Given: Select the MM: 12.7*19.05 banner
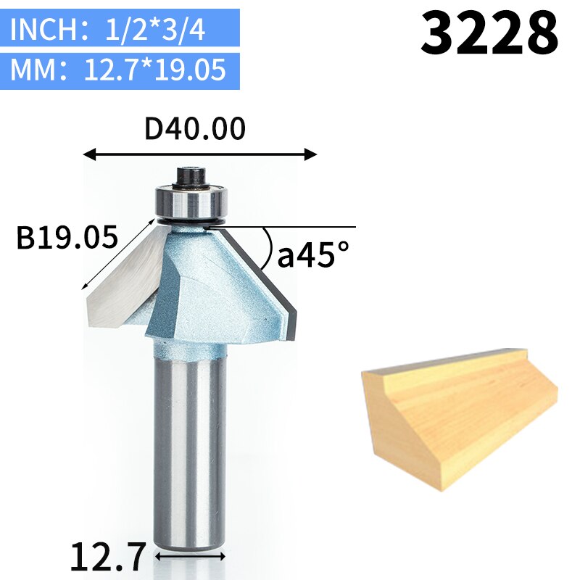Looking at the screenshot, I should (124, 71).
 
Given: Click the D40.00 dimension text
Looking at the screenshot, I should (196, 129).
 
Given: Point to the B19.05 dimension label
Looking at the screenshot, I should (67, 238).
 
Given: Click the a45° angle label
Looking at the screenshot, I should (313, 254).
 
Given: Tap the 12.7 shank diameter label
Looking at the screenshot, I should (109, 556).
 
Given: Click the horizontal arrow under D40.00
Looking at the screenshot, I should (200, 154).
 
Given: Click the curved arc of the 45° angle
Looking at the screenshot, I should (268, 246).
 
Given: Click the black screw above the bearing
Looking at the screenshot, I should (191, 175).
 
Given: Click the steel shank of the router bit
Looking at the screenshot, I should (191, 449).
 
